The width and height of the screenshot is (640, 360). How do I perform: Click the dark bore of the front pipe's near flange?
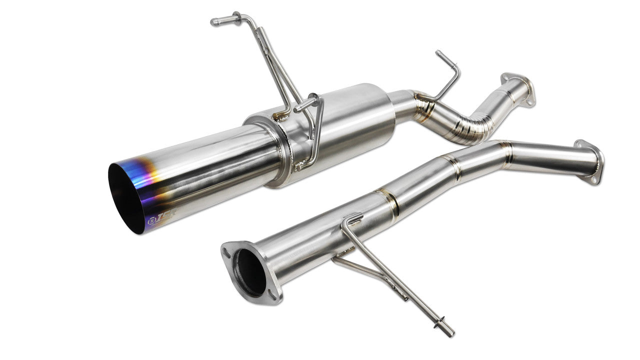[249, 272]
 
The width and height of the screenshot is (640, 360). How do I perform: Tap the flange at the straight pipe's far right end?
[590, 161]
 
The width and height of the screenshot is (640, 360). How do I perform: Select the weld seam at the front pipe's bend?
[505, 152]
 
